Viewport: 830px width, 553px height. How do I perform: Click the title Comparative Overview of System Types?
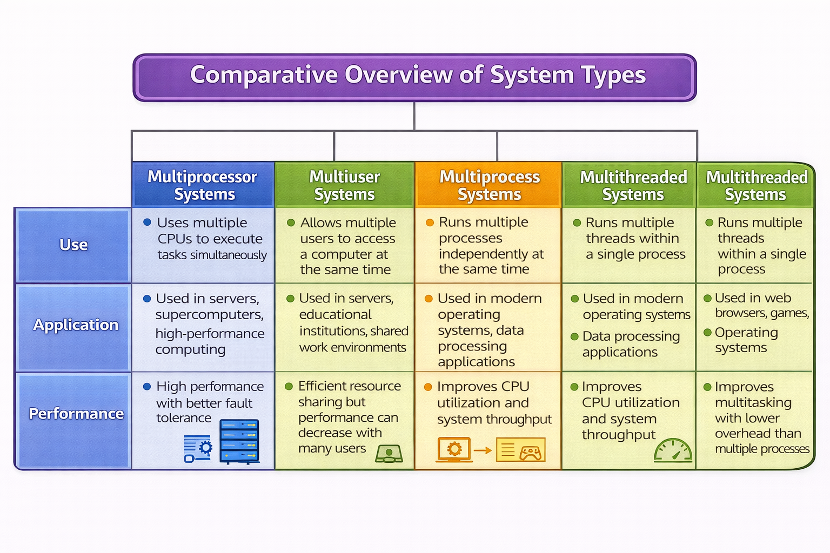[417, 75]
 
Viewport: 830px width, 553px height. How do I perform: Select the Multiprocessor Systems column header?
[203, 185]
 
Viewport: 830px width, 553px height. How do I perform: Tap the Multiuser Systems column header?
[344, 185]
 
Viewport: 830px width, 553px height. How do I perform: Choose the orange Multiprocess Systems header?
[489, 185]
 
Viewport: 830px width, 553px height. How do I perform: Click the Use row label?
[73, 245]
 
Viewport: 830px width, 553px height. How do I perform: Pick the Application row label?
[75, 325]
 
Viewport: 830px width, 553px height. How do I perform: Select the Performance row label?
[76, 414]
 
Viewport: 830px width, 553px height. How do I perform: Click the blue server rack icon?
[239, 441]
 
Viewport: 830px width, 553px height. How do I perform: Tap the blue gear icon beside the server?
[205, 447]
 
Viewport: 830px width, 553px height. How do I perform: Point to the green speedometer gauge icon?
[673, 451]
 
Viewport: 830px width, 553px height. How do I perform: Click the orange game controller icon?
[530, 453]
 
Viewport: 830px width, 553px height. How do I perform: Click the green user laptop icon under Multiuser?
[389, 454]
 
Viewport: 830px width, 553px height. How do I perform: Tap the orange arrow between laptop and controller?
[483, 450]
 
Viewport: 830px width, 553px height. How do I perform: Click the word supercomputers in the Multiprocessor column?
[209, 315]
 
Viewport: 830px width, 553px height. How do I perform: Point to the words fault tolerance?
[204, 410]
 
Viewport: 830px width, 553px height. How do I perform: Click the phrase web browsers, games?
[761, 306]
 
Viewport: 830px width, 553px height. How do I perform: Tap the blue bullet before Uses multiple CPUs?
[147, 222]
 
